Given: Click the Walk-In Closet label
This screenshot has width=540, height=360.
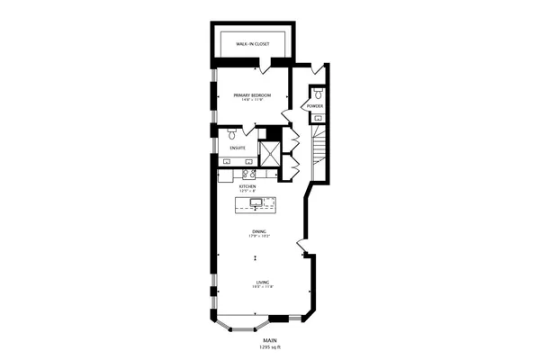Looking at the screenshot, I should pos(254,43).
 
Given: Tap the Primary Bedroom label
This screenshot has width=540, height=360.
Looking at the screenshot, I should pos(253,94).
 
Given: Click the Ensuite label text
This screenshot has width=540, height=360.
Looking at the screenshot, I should pos(238,147).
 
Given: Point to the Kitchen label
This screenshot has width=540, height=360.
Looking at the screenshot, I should pos(247,186).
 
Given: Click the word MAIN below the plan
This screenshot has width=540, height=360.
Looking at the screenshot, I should pos(269,341).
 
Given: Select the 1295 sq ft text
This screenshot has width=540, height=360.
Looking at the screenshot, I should pos(269,347).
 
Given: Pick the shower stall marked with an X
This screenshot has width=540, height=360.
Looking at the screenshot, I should pos(270,153).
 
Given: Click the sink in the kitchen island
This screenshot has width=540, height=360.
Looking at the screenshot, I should pos(256,205).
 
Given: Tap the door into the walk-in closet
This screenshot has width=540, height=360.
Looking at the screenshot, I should pos(260,66).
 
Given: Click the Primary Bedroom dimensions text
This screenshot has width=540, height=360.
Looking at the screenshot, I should pos(253,99).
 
